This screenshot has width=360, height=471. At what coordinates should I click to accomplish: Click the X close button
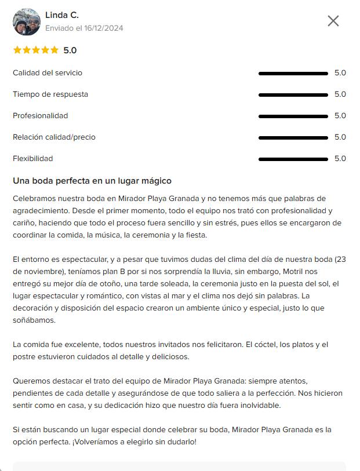(x=333, y=21)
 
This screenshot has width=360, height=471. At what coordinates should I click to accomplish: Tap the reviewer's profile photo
(x=27, y=22)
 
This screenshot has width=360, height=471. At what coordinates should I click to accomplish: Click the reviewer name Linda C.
(x=62, y=15)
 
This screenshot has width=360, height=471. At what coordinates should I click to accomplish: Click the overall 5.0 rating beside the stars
(x=70, y=50)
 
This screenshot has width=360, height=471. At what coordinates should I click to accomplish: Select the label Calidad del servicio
(x=48, y=73)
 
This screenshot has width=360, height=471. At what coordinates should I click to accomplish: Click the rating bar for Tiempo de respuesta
(x=293, y=94)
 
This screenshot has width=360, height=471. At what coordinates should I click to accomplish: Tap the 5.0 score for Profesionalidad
(x=340, y=116)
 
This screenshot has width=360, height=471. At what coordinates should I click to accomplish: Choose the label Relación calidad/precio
(x=54, y=137)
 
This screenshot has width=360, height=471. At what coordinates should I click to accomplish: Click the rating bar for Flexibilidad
(x=293, y=159)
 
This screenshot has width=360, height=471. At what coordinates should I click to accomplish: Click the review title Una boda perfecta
(x=92, y=181)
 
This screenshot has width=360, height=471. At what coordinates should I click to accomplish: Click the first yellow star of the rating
(x=17, y=50)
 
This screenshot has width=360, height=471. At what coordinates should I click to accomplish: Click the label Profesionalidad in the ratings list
(x=41, y=116)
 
